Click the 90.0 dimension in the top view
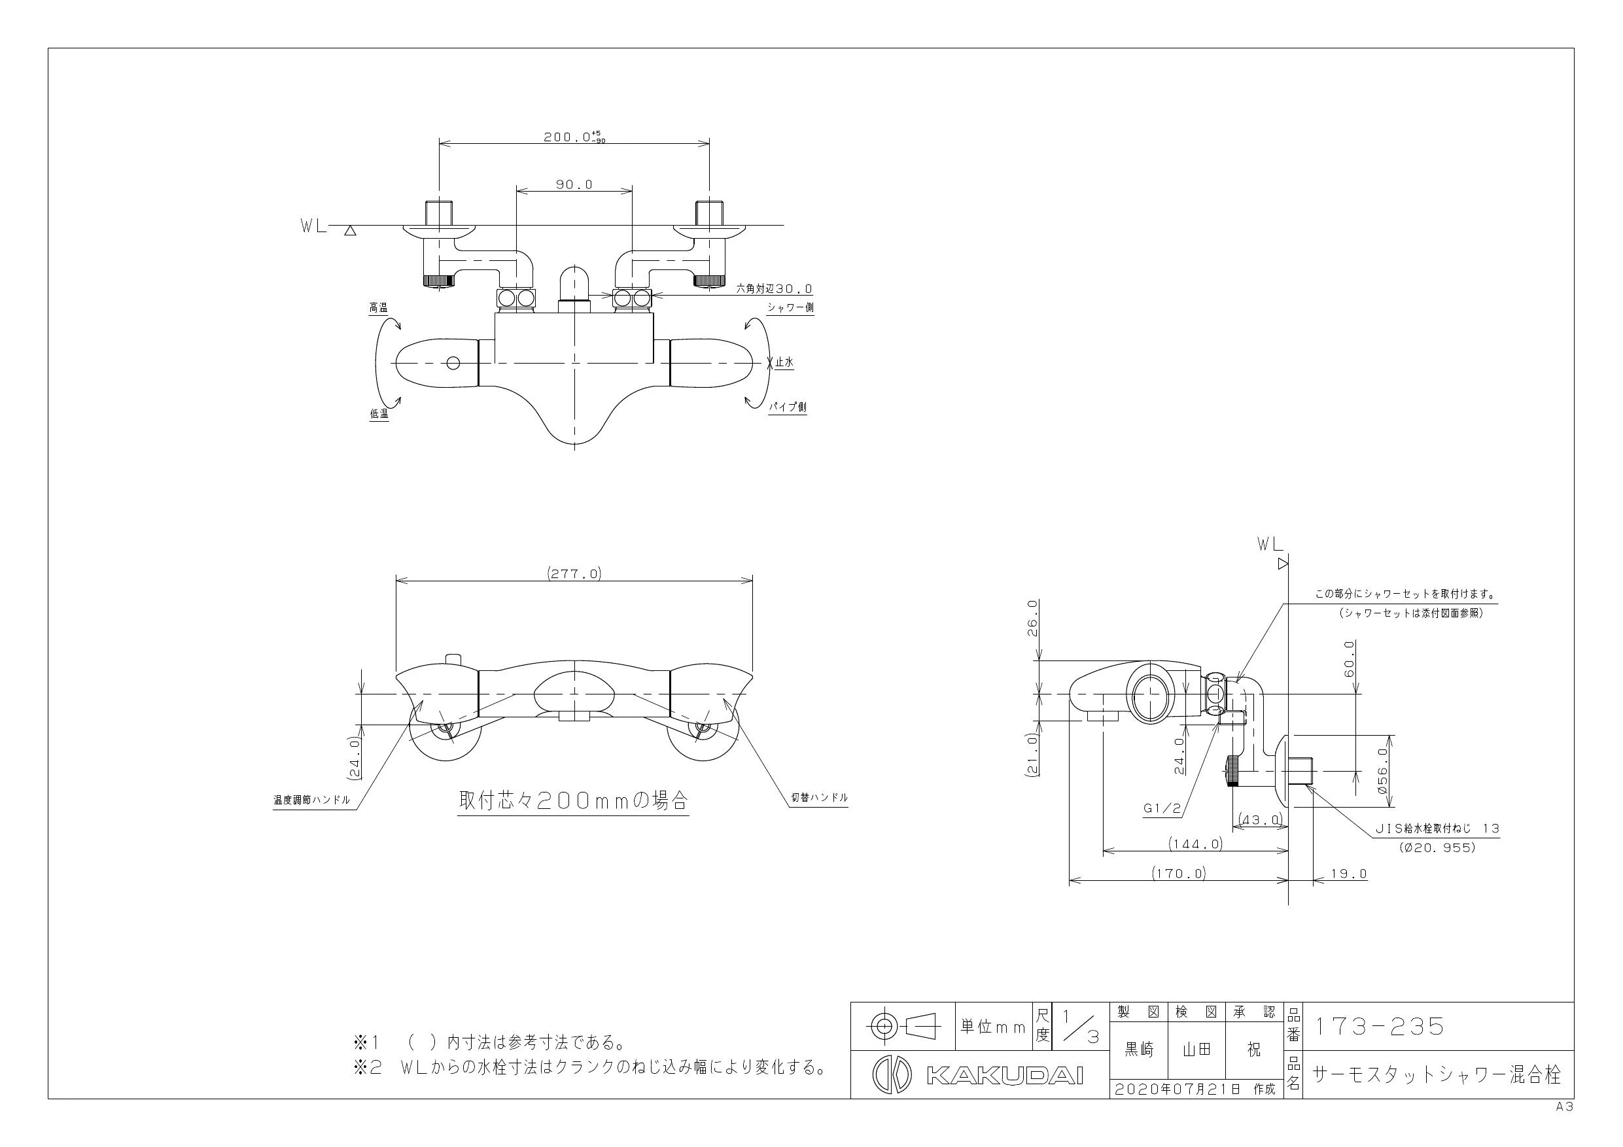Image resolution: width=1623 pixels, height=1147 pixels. tap(574, 185)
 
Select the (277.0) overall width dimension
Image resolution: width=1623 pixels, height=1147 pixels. tap(574, 574)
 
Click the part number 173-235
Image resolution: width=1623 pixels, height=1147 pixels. tap(1378, 1027)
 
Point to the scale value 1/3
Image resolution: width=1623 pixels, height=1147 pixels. tap(1079, 1027)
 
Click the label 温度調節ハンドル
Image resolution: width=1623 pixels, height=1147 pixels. tap(312, 800)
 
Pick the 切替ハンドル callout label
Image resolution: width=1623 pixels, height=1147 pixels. tap(819, 798)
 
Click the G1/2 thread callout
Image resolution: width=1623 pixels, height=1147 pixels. tap(1162, 809)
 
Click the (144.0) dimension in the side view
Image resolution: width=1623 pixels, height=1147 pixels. tap(1195, 844)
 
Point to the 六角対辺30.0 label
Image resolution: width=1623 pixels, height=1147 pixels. tap(775, 289)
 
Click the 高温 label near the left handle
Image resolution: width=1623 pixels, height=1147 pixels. tap(378, 308)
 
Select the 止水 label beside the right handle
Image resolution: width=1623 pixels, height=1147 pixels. tap(784, 362)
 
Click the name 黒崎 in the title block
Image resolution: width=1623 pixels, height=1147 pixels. tap(1139, 1050)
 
